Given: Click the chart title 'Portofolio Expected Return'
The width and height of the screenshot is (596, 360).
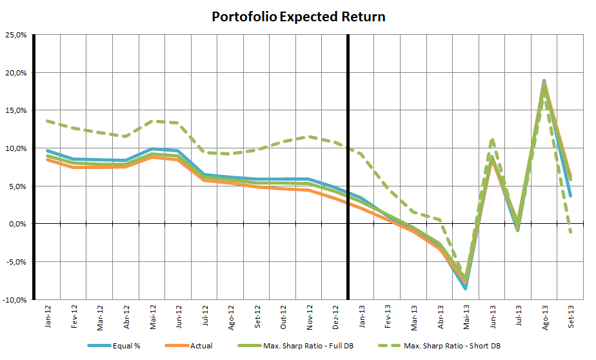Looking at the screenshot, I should pyautogui.click(x=298, y=17).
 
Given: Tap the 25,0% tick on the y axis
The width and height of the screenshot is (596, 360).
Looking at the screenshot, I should pyautogui.click(x=15, y=34).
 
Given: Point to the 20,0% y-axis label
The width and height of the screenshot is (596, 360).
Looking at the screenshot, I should pyautogui.click(x=15, y=72).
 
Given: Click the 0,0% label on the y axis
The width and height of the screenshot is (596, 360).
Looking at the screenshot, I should pyautogui.click(x=16, y=224).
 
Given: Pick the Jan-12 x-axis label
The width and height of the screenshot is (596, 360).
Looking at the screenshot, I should pyautogui.click(x=48, y=316).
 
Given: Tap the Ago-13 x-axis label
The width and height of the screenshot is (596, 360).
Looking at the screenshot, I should pyautogui.click(x=545, y=316).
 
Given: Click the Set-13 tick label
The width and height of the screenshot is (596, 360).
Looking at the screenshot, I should pyautogui.click(x=571, y=316).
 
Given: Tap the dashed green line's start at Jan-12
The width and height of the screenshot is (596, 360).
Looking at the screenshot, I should pyautogui.click(x=48, y=121).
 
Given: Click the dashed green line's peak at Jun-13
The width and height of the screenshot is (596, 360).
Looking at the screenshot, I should pyautogui.click(x=492, y=139).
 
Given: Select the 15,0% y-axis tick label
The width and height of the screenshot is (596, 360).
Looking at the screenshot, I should pyautogui.click(x=15, y=110).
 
